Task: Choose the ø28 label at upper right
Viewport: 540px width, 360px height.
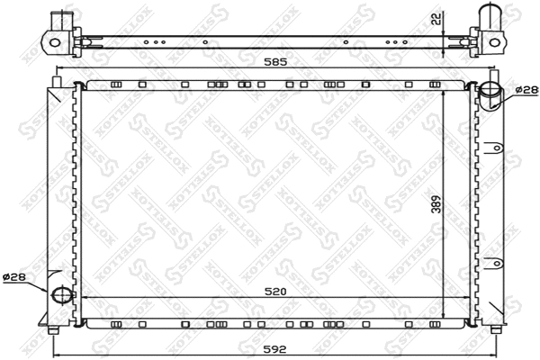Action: click(x=526, y=90)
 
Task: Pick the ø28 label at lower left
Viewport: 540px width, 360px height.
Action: click(x=15, y=276)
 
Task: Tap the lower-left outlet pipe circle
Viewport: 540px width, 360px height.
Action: click(x=61, y=294)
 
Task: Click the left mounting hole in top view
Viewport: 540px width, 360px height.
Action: click(x=54, y=41)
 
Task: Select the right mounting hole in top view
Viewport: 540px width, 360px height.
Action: click(x=494, y=41)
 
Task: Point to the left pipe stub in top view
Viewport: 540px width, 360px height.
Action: click(x=59, y=20)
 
